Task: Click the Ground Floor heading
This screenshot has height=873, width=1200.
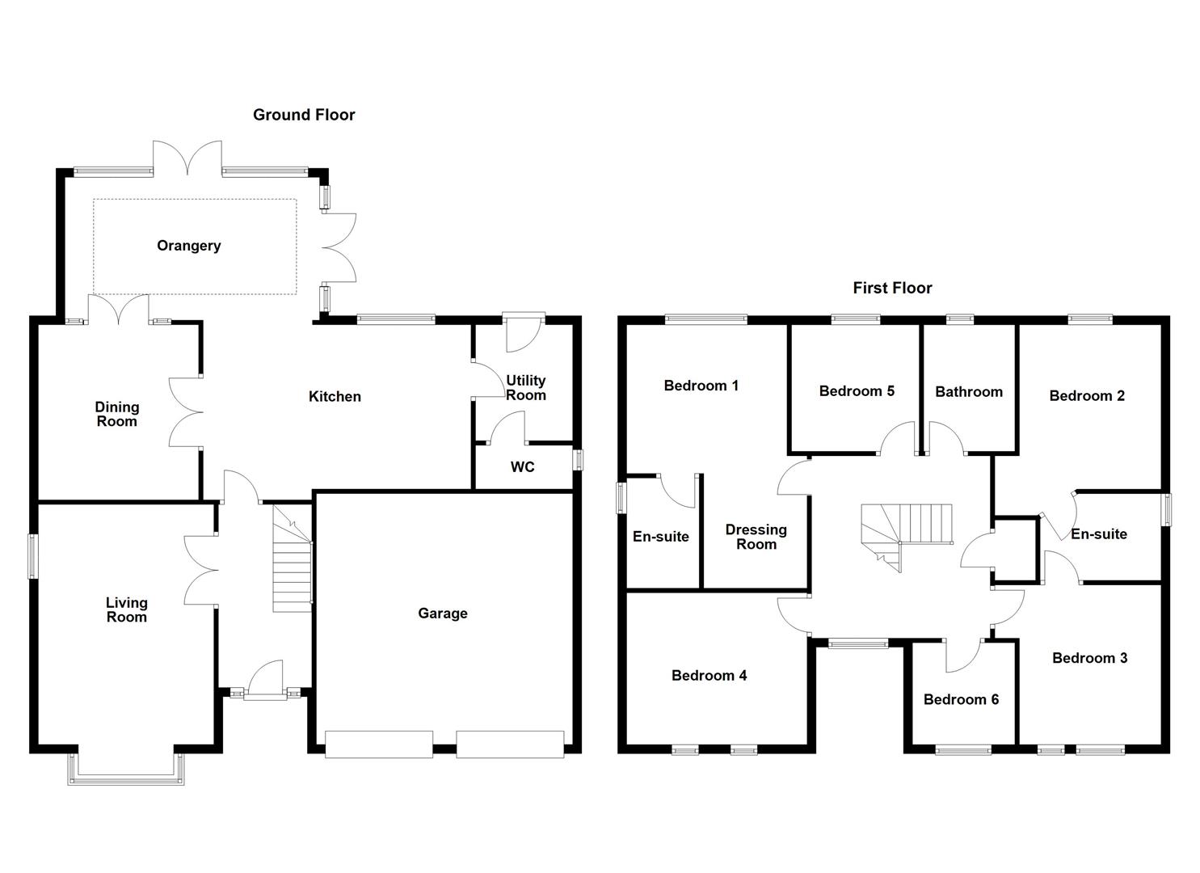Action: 304,115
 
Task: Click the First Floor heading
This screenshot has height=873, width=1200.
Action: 892,288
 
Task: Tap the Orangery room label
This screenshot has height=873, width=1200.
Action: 188,246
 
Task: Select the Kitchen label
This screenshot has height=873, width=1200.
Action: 335,396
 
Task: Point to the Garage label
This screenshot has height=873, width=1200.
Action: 442,614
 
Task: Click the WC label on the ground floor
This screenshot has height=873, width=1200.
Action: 522,467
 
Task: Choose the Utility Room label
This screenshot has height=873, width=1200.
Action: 525,388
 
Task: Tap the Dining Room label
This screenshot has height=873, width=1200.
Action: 117,414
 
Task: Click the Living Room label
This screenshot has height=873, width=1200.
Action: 127,609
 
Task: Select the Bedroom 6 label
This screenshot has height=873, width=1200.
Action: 961,699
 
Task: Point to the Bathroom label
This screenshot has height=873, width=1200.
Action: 968,392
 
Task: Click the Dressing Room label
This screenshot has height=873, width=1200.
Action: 756,537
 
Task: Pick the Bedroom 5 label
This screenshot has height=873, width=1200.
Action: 857,391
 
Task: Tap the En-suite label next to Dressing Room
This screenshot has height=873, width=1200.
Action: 660,537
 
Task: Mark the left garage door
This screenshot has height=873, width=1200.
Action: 378,744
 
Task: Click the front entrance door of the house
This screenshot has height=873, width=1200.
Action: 264,683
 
